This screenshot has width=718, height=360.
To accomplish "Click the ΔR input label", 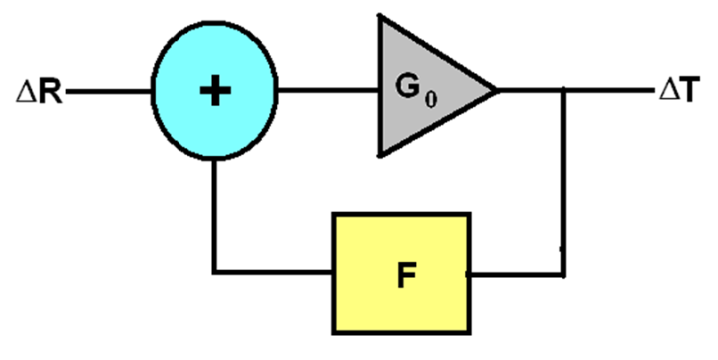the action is coord(39,92).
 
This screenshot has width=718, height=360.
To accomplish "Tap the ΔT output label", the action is coord(679,89).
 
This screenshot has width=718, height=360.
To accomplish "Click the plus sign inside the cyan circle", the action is coord(215,90).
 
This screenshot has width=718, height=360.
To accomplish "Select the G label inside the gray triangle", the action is coord(408,86).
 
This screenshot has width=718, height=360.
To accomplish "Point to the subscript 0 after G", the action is coord(431,99).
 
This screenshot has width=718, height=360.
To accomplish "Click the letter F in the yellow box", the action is coord(406,275).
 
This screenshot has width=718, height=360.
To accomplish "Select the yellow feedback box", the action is coord(401,273).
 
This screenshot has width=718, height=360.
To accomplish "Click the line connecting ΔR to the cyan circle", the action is coord(109,92).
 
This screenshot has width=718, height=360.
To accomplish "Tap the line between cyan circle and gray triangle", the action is coord(327,90).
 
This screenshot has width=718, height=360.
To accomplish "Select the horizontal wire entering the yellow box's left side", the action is coord(273,272).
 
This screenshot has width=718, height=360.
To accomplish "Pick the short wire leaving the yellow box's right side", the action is coord(517,275).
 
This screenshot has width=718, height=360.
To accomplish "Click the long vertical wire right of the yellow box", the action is coord(563,182).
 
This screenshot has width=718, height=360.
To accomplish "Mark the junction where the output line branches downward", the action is coord(563,90).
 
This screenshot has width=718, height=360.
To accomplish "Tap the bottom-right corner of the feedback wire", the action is coord(563,275).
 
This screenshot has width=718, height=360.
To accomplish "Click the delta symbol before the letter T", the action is coord(667,90).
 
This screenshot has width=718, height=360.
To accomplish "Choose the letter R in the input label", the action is coord(51,92).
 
